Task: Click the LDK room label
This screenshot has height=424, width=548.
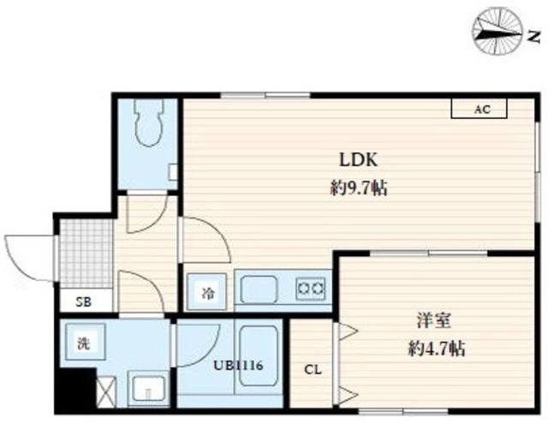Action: click(359, 160)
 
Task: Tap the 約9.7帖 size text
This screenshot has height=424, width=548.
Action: click(359, 189)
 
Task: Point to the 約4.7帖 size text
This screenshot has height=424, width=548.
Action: click(437, 348)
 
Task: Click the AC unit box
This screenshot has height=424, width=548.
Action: click(479, 109)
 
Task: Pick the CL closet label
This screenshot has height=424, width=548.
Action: click(313, 369)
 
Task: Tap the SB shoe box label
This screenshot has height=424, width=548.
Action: click(84, 302)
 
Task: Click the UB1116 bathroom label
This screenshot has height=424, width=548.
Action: click(238, 366)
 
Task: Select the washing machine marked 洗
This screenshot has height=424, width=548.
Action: click(84, 342)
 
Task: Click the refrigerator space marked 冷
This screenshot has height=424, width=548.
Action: click(207, 292)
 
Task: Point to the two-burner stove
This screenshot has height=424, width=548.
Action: click(311, 289)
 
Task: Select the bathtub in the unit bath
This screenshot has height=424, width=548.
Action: click(259, 355)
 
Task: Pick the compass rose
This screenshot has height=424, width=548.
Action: click(497, 32)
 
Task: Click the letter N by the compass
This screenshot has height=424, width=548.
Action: click(533, 36)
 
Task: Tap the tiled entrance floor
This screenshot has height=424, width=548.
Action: click(86, 254)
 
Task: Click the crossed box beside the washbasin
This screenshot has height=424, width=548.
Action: click(106, 391)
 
